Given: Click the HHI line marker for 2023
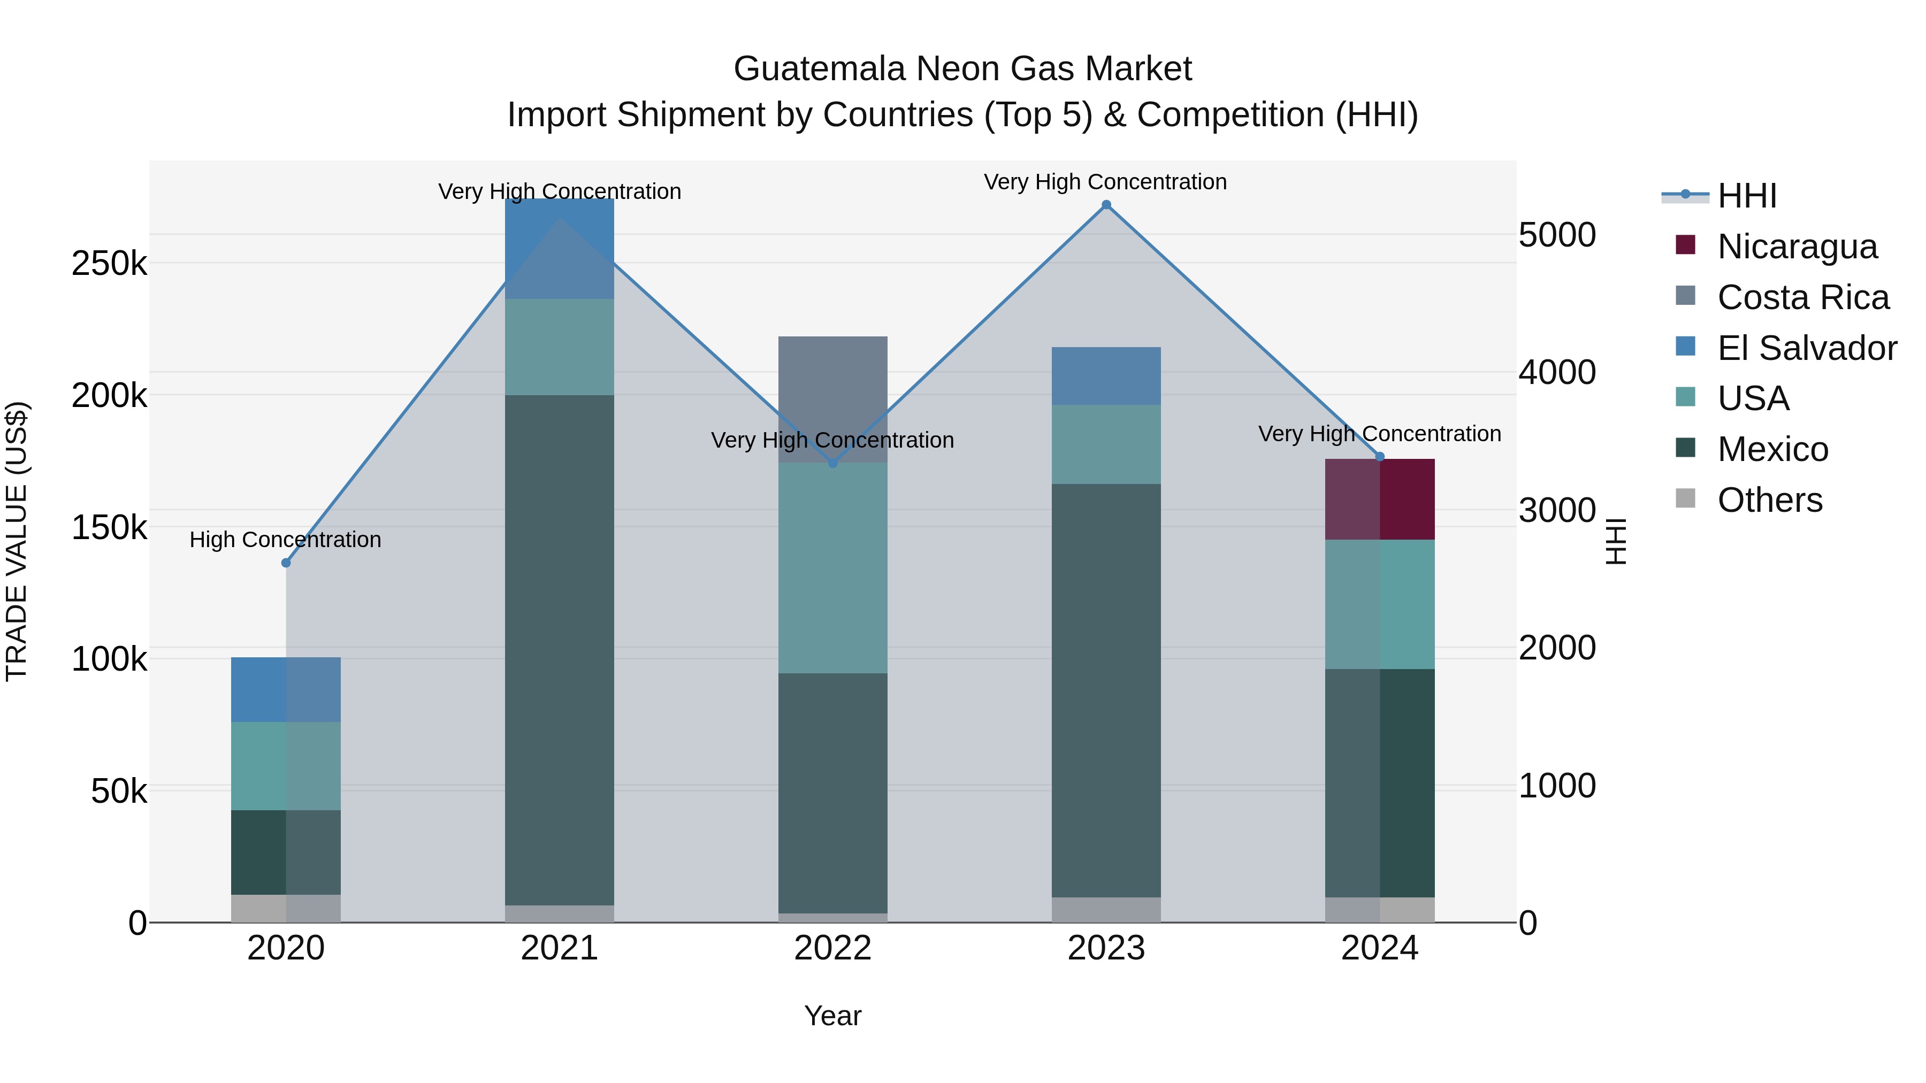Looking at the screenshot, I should coord(1106,205).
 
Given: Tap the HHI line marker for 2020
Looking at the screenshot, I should coord(286,563).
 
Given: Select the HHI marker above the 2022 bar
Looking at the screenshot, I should coord(833,463).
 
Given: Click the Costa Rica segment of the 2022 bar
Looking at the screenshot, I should coord(833,389).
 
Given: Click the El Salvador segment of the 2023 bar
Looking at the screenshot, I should coord(1106,376).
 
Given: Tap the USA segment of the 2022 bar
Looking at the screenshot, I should coord(833,568).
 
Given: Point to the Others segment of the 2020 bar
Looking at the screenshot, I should coord(286,908).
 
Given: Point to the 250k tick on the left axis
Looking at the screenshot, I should coord(109,264).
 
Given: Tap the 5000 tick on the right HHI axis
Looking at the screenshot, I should coord(1557,235).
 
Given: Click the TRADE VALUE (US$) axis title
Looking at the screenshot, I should coord(17,541).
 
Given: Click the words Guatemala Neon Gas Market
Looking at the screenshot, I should coord(962,69).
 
